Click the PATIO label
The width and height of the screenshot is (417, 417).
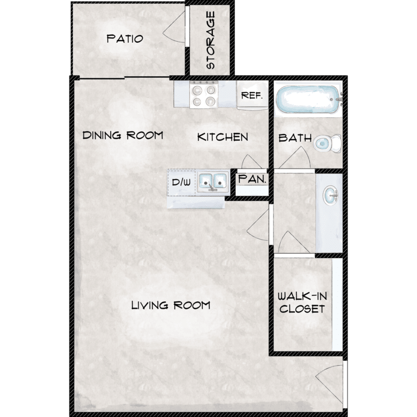click(x=125, y=39)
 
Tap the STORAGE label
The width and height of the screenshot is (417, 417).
click(x=210, y=40)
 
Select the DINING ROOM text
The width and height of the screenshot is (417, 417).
click(x=123, y=135)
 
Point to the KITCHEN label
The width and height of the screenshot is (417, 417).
click(x=222, y=137)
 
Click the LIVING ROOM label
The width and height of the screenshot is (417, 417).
click(x=171, y=305)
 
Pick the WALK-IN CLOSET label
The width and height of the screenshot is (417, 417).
click(x=302, y=302)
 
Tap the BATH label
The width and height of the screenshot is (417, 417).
click(x=295, y=138)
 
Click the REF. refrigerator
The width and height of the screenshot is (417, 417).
click(x=252, y=95)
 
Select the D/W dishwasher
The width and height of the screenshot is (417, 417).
click(x=181, y=183)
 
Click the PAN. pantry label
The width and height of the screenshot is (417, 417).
click(x=252, y=179)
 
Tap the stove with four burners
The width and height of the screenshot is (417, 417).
click(x=203, y=95)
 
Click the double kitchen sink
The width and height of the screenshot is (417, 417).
click(x=213, y=182)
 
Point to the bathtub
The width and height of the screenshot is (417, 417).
click(x=308, y=99)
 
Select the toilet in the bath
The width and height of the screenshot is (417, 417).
click(x=327, y=143)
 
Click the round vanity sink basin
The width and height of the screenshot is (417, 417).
click(x=330, y=196)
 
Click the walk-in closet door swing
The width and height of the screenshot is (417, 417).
click(x=294, y=241)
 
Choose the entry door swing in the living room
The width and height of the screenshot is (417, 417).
click(x=329, y=383)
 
